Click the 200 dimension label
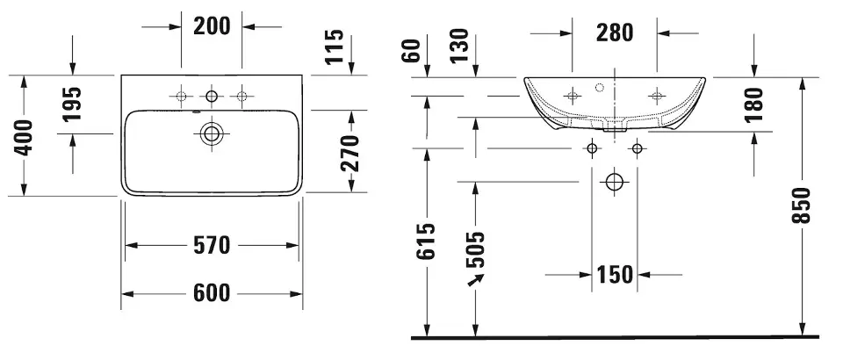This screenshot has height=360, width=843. click(x=212, y=25)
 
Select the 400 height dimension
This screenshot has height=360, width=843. click(x=24, y=138)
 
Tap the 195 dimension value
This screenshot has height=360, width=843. click(x=71, y=104)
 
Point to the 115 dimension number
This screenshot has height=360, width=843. click(x=334, y=47)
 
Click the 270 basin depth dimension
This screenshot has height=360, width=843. click(x=349, y=153)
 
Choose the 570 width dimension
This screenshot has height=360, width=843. click(x=212, y=245)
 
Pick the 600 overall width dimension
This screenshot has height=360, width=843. click(x=212, y=293)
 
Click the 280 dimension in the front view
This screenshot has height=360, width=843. click(x=615, y=33)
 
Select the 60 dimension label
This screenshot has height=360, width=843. click(x=414, y=51)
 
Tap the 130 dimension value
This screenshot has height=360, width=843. click(x=459, y=46)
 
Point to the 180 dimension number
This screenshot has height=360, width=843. click(x=755, y=104)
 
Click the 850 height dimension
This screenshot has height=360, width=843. click(x=801, y=205)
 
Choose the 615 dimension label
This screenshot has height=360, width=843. click(x=426, y=241)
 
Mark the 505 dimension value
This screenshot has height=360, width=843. click(x=475, y=250)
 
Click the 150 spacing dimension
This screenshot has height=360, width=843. click(x=615, y=275)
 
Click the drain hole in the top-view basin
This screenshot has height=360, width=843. click(x=212, y=133)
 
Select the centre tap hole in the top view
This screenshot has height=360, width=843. click(x=212, y=97)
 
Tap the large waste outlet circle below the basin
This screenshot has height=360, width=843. click(x=614, y=182)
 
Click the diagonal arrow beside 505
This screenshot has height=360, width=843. click(x=476, y=280)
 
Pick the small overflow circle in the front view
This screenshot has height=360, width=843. click(x=600, y=87)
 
